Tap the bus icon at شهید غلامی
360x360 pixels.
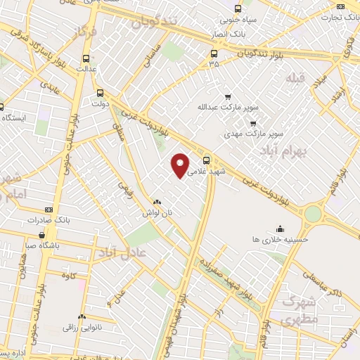click(x=206, y=160)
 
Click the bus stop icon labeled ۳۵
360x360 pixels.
click(x=214, y=53)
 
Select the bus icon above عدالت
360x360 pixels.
click(x=86, y=59)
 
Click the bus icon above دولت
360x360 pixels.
click(x=99, y=92)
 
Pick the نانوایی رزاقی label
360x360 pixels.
click(x=82, y=327)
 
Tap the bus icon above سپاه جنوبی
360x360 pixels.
click(x=237, y=9)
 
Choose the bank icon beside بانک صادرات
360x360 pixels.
click(x=48, y=210)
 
